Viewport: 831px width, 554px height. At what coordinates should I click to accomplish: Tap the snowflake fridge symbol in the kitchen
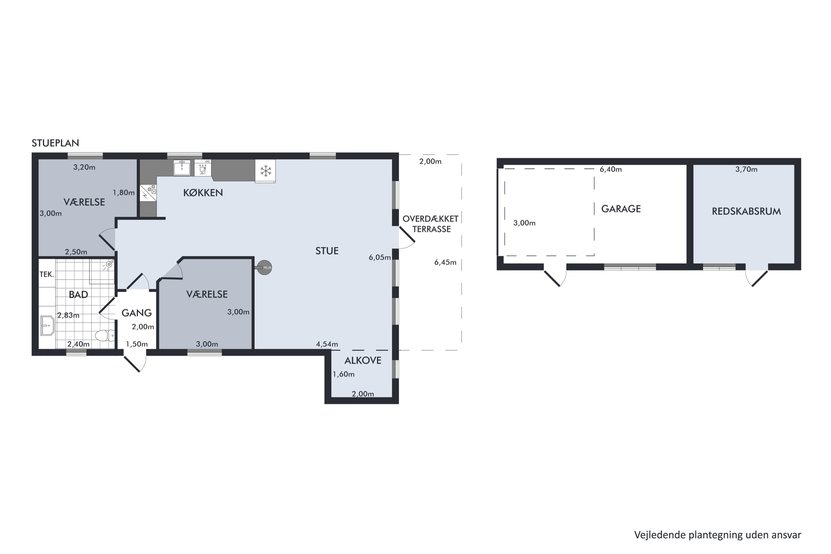pyautogui.click(x=266, y=171)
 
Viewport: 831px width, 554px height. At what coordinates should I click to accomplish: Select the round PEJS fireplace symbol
pyautogui.click(x=264, y=268)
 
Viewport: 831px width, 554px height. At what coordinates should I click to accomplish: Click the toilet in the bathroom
pyautogui.click(x=105, y=335)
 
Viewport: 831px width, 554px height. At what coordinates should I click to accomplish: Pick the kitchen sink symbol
pyautogui.click(x=182, y=168)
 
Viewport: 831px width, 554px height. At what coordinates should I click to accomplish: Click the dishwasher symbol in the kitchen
pyautogui.click(x=203, y=168)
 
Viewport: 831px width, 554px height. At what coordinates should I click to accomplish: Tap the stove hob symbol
pyautogui.click(x=148, y=193)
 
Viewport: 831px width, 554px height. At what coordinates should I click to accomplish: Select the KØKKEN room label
pyautogui.click(x=203, y=193)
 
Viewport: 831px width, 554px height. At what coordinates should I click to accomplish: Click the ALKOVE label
pyautogui.click(x=363, y=360)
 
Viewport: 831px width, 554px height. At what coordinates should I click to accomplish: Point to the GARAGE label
pyautogui.click(x=621, y=209)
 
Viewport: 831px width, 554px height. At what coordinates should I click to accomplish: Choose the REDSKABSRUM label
pyautogui.click(x=746, y=211)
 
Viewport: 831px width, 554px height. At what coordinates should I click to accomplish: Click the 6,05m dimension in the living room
pyautogui.click(x=380, y=257)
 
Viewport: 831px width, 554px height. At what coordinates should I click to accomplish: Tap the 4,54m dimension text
pyautogui.click(x=327, y=344)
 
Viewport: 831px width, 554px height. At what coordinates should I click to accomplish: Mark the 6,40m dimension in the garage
pyautogui.click(x=611, y=169)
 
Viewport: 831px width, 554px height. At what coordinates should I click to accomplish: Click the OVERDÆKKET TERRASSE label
pyautogui.click(x=431, y=224)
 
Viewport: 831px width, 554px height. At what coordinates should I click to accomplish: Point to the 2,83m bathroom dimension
pyautogui.click(x=68, y=315)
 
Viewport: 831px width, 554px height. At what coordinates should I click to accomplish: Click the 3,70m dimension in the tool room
pyautogui.click(x=746, y=169)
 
